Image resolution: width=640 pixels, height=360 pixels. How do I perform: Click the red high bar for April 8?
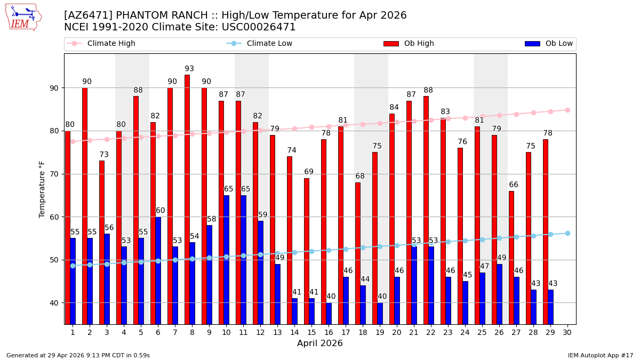click(x=187, y=199)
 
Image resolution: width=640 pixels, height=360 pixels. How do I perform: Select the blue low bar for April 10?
click(x=226, y=259)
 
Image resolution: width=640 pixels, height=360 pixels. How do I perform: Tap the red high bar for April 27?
click(x=511, y=257)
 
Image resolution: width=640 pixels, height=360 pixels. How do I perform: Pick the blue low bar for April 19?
click(x=380, y=313)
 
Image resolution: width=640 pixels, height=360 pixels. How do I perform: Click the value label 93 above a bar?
click(x=189, y=69)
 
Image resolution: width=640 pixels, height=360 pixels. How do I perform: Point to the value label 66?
click(x=514, y=185)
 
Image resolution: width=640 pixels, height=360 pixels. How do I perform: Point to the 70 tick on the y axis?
click(x=54, y=174)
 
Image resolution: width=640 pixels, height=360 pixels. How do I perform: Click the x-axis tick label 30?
click(x=567, y=332)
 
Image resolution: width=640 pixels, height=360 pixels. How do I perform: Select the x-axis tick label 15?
click(x=311, y=332)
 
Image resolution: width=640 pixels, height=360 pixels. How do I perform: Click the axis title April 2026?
click(x=320, y=343)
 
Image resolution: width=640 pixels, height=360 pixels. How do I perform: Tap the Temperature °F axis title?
click(x=43, y=189)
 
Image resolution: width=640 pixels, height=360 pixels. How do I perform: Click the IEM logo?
click(x=23, y=17)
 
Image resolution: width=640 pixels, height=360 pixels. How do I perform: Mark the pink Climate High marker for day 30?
click(x=567, y=110)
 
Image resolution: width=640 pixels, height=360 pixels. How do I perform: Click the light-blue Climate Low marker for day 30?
click(x=567, y=233)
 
